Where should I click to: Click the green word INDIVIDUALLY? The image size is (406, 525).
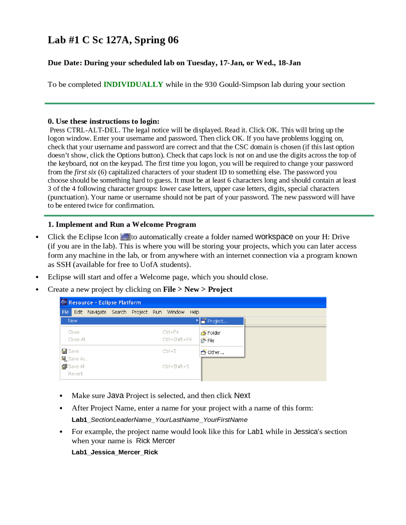133,84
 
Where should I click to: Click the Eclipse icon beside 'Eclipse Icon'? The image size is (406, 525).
126,237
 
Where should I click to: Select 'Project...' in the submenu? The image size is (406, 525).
217,321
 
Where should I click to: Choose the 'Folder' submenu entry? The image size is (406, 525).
214,333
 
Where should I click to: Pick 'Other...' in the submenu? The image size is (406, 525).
216,352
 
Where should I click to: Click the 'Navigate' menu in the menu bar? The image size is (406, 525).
97,312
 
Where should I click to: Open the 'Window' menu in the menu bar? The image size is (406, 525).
176,312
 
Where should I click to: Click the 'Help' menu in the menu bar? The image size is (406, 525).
194,312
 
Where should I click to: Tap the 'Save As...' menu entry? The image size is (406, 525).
78,359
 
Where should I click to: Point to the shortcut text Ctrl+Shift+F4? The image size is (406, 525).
177,339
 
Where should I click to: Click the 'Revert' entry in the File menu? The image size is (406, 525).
75,374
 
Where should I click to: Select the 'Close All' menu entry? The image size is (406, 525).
76,339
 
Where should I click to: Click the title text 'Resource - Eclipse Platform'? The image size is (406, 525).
105,303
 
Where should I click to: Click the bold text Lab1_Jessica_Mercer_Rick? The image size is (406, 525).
115,452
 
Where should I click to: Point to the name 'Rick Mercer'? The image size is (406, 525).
155,441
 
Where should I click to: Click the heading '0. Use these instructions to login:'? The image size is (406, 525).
103,121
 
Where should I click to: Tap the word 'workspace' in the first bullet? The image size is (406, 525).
274,237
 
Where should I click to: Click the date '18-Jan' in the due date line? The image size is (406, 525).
289,63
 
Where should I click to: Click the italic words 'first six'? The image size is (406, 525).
85,172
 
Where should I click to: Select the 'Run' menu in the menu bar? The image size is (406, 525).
157,312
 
